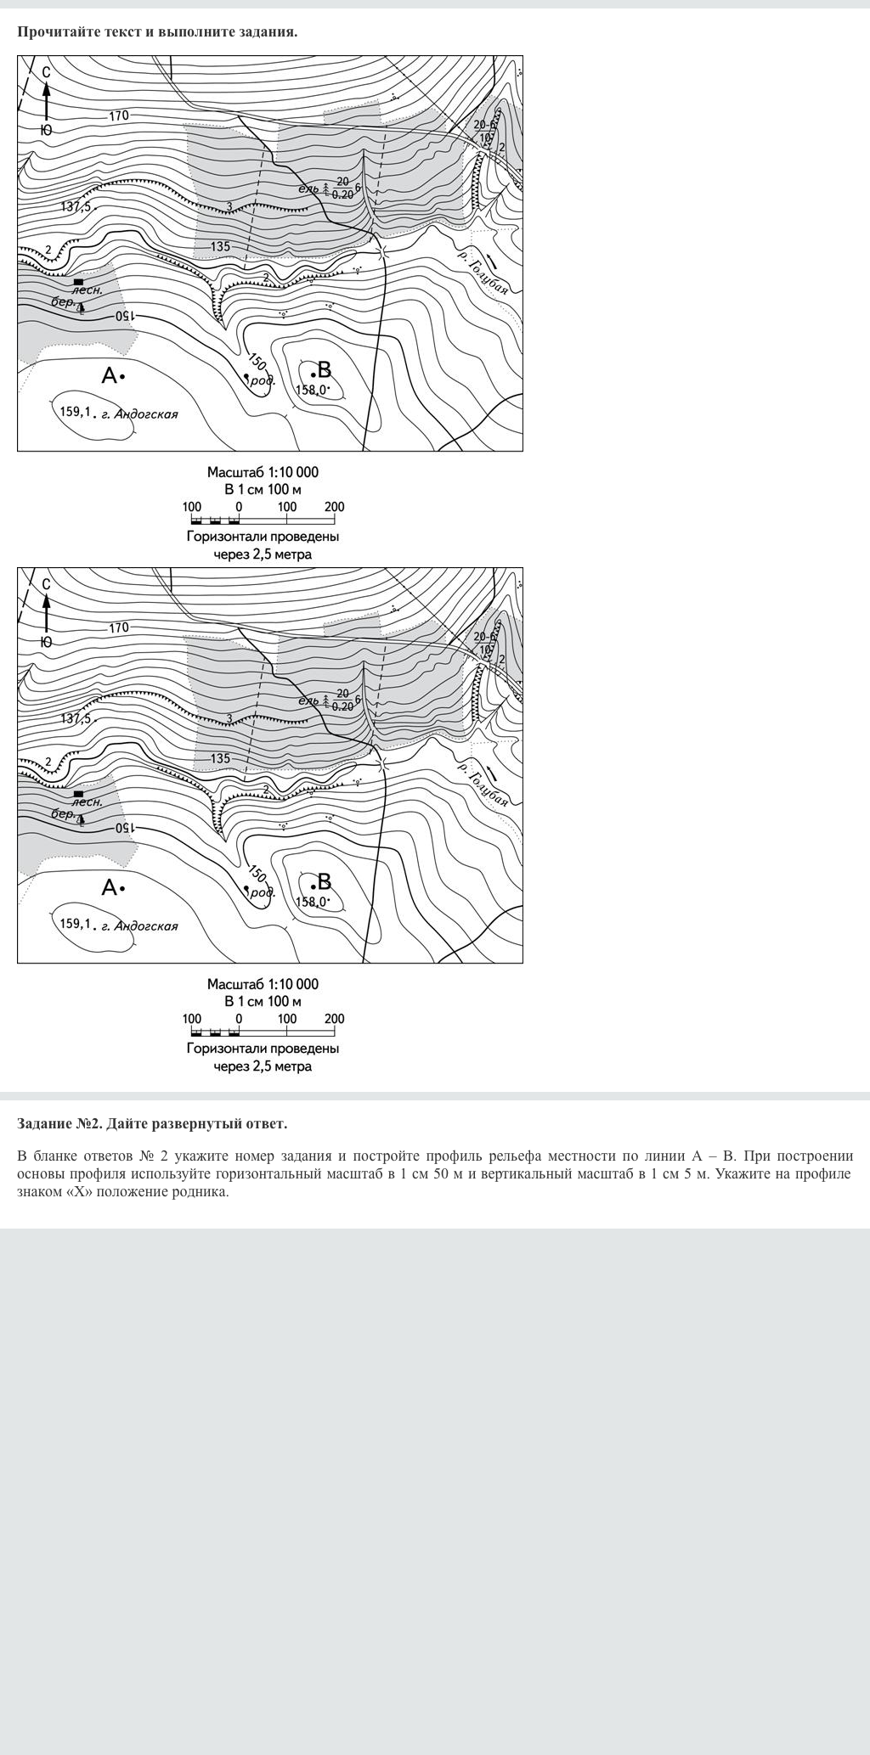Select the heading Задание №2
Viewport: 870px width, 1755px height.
coord(59,1123)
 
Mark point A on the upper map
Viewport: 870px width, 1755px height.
coord(113,374)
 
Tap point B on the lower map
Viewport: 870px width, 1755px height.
coord(321,883)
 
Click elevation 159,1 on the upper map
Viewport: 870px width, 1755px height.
coord(75,412)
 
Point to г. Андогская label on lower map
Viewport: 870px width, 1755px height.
coord(140,926)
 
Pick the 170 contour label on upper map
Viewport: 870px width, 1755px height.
coord(119,115)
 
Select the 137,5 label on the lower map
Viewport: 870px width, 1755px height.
coord(76,718)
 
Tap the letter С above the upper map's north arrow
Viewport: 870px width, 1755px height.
coord(47,72)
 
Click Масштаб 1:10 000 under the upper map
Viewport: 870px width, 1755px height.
coord(263,472)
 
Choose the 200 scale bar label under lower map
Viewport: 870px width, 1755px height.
coord(334,1019)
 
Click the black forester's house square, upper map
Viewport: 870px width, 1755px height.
coord(78,281)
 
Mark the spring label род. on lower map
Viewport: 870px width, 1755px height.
coord(263,893)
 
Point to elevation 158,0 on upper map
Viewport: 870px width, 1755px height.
coord(311,390)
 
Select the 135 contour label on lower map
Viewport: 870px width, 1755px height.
coord(220,758)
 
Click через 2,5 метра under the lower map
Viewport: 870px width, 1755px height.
coord(263,1066)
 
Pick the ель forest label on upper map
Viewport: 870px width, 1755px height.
coord(308,188)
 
